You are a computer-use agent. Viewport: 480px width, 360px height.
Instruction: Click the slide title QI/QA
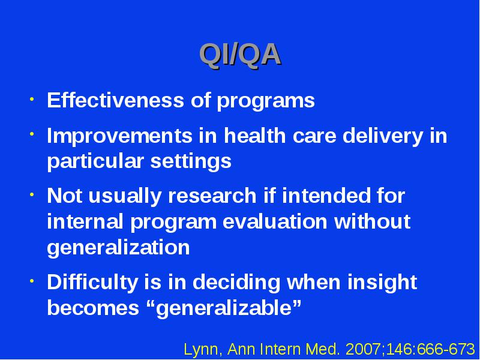coord(240,55)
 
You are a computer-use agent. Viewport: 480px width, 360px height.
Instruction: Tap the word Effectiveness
coord(115,100)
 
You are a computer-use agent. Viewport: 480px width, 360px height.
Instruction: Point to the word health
coord(254,135)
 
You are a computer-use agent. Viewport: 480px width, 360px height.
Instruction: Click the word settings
coord(191,162)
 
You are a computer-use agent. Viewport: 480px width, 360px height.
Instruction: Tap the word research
coord(212,196)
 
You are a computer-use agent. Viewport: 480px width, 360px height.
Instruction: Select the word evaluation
coord(275,221)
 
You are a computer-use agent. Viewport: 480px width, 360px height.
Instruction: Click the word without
coord(372,221)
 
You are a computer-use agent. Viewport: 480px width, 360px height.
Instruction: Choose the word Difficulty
coord(92,283)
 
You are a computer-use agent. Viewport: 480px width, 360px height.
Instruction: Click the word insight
coord(382,283)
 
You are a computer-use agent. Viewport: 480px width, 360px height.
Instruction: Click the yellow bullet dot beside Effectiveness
coord(32,99)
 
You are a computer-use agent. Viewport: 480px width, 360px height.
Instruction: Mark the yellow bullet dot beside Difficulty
coord(32,281)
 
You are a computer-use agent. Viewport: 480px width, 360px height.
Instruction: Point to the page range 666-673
coord(446,349)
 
